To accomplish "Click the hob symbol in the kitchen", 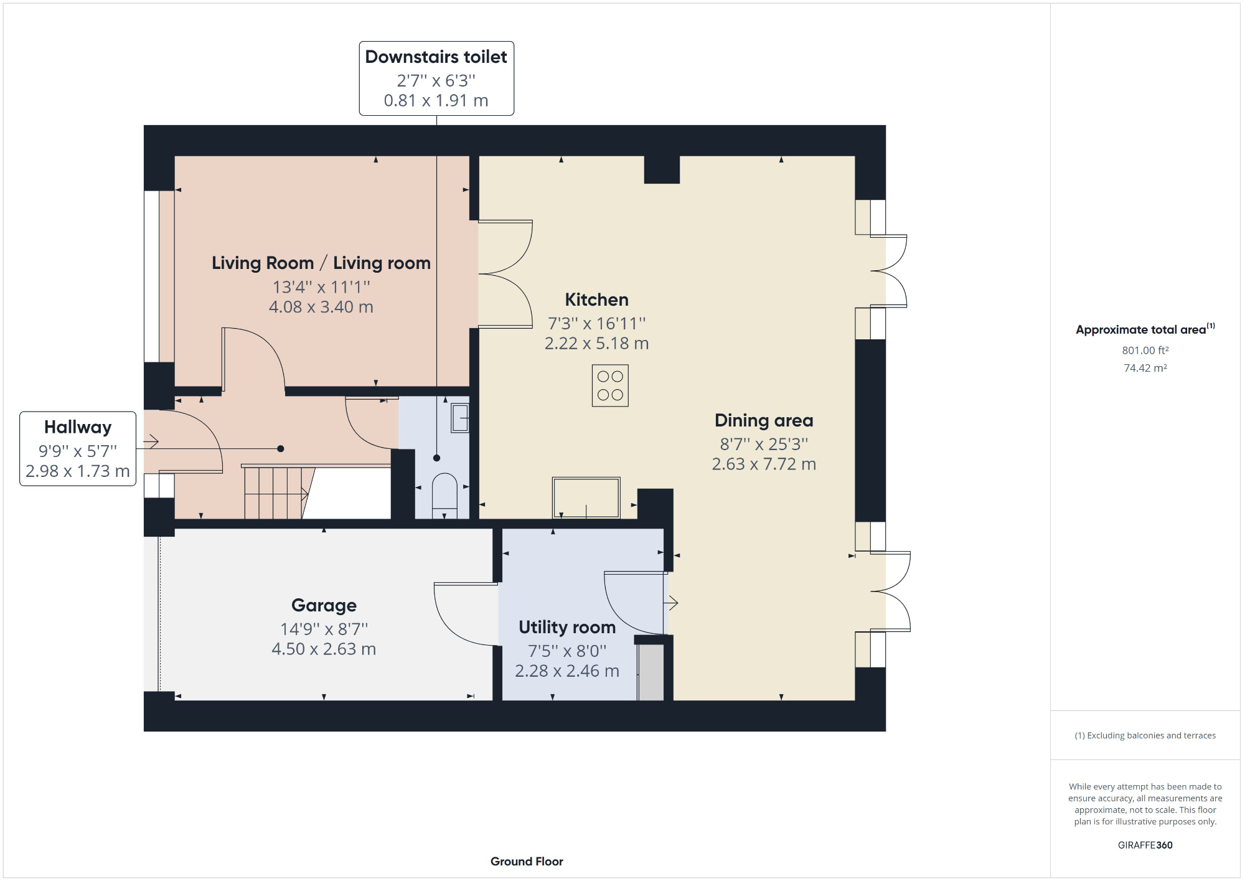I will pyautogui.click(x=610, y=385).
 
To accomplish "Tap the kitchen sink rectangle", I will pyautogui.click(x=586, y=497).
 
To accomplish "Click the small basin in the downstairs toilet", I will pyautogui.click(x=460, y=418).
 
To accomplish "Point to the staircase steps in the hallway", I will pyautogui.click(x=274, y=493).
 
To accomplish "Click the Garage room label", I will pyautogui.click(x=324, y=605).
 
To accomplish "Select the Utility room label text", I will pyautogui.click(x=567, y=627).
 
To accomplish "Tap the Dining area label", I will pyautogui.click(x=764, y=420).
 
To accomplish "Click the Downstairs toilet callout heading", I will pyautogui.click(x=436, y=57).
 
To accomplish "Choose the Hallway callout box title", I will pyautogui.click(x=78, y=427).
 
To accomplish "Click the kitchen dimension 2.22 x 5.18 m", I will pyautogui.click(x=596, y=344).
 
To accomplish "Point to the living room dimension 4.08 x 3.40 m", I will pyautogui.click(x=321, y=307).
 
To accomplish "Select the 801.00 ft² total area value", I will pyautogui.click(x=1145, y=351).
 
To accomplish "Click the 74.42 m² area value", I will pyautogui.click(x=1145, y=368).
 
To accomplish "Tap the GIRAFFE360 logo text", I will pyautogui.click(x=1145, y=845).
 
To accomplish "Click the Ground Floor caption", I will pyautogui.click(x=527, y=861).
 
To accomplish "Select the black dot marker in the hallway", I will pyautogui.click(x=281, y=448).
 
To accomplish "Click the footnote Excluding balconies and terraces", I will pyautogui.click(x=1145, y=735).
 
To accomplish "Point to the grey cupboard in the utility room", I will pyautogui.click(x=651, y=672).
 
